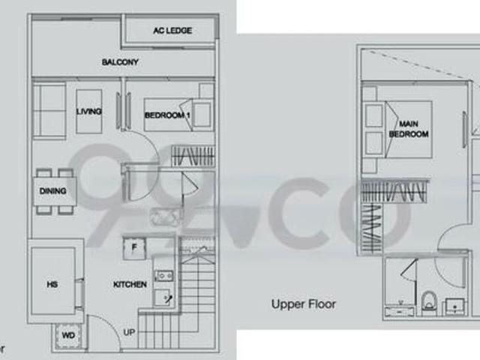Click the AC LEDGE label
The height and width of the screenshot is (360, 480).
tap(172, 31)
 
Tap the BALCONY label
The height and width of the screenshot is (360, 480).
tap(120, 62)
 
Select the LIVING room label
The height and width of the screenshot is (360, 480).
tap(89, 112)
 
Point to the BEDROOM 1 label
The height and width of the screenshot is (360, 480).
tap(167, 115)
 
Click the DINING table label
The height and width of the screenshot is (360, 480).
tap(53, 191)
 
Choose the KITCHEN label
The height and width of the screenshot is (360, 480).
tap(130, 284)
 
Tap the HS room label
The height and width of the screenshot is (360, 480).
tap(52, 284)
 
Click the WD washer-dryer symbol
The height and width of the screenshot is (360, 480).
tap(68, 336)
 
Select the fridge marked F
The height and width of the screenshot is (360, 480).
tap(134, 248)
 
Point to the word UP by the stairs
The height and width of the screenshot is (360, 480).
tap(129, 332)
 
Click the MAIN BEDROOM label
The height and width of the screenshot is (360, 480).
tap(409, 129)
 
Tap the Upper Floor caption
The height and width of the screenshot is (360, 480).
tap(304, 304)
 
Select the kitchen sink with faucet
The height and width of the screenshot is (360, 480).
tap(162, 297)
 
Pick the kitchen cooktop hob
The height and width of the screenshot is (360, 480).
tap(163, 276)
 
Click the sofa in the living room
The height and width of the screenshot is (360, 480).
tap(49, 111)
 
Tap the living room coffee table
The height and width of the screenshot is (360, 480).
tap(89, 112)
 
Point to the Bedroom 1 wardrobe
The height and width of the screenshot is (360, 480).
tap(193, 156)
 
